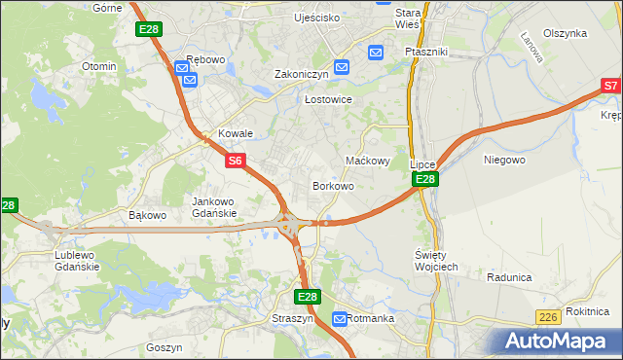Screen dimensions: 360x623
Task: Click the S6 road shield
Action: [x=236, y=161]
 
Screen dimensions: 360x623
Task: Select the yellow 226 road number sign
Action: [x=549, y=317]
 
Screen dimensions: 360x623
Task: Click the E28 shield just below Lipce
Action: [x=425, y=180]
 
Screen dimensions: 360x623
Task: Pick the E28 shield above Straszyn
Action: [x=308, y=297]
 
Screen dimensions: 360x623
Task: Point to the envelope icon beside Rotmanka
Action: [x=340, y=318]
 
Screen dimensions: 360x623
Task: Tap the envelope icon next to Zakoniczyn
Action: [x=341, y=66]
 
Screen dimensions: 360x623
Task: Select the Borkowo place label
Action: [x=332, y=185]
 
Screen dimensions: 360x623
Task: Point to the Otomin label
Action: [x=99, y=66]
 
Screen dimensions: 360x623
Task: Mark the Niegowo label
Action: [x=504, y=159]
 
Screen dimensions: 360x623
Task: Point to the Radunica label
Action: [x=509, y=277]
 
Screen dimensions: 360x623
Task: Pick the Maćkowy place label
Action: [x=368, y=161]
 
